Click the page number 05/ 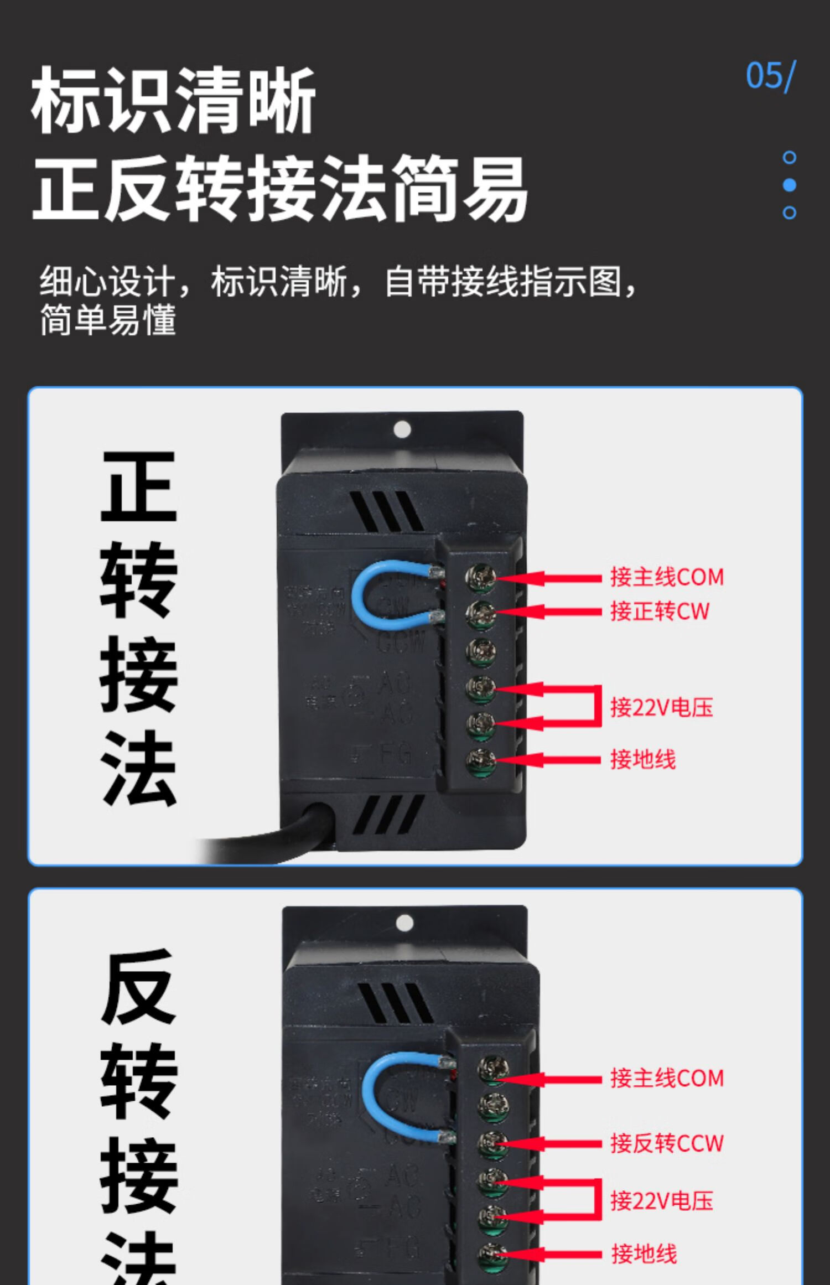(770, 76)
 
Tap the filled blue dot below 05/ (790, 185)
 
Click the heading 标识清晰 (173, 100)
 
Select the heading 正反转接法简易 (279, 188)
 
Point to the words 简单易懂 (108, 319)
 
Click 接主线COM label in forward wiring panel (667, 577)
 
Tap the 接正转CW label (659, 612)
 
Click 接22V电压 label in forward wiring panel (661, 707)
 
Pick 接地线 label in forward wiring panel (643, 759)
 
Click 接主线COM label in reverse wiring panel (667, 1078)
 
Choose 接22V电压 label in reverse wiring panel (661, 1201)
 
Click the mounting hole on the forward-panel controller (402, 429)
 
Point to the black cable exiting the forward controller (266, 841)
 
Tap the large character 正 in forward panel (138, 487)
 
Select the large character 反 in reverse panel (138, 988)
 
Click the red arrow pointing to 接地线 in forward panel (548, 759)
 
